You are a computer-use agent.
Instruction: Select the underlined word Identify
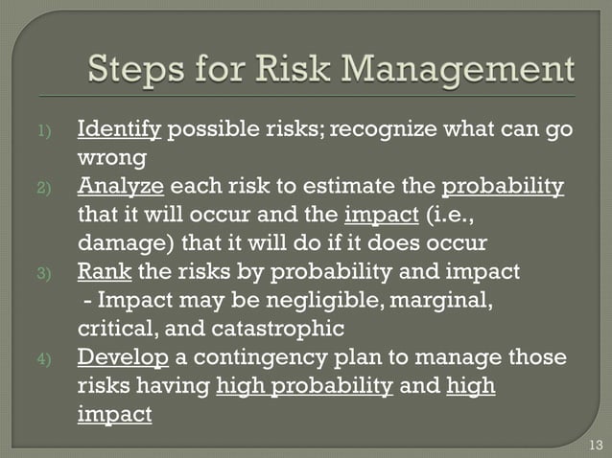point(120,129)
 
